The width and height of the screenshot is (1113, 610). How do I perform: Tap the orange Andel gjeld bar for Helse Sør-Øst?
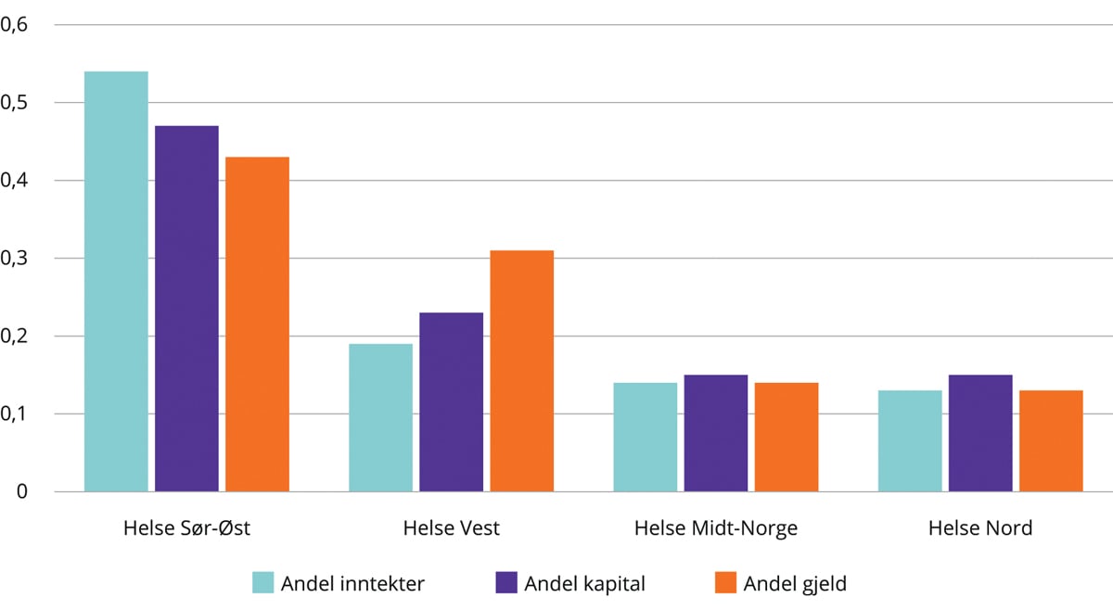click(257, 324)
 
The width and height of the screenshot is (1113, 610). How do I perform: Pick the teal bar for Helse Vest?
click(380, 417)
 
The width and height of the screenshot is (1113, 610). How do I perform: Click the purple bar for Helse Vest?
click(451, 401)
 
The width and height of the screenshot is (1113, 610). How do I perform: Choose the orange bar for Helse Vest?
click(521, 371)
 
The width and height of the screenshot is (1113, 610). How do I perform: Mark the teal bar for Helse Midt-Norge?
click(646, 437)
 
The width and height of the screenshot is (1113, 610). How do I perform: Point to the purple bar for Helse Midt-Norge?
click(716, 433)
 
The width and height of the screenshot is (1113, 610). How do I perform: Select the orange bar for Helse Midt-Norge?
click(787, 437)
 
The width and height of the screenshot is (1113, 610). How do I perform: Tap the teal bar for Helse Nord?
click(910, 440)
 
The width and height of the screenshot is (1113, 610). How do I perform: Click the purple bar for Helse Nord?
click(980, 433)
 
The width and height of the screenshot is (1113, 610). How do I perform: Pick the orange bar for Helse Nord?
click(1051, 440)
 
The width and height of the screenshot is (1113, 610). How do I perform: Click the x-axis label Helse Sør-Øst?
click(186, 528)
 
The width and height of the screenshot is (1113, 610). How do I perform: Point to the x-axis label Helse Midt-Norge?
click(716, 528)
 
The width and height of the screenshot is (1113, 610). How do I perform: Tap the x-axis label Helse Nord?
click(980, 528)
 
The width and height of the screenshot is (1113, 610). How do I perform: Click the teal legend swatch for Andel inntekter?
click(263, 583)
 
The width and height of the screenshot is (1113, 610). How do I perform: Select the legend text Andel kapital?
click(584, 583)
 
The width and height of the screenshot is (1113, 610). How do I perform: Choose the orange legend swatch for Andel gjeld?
click(726, 583)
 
